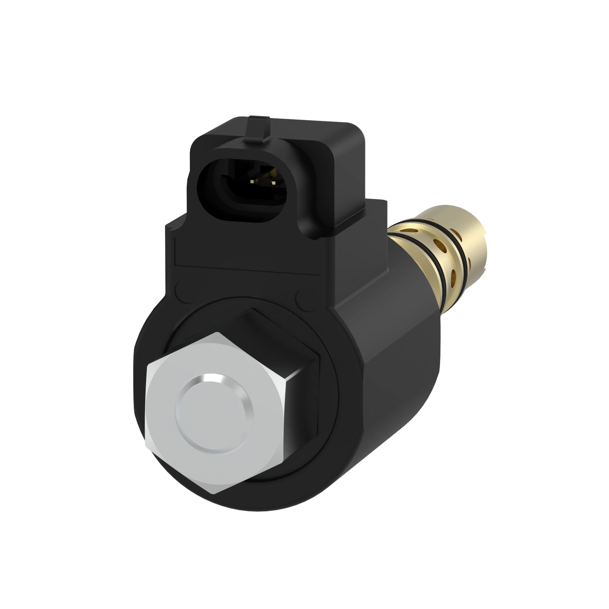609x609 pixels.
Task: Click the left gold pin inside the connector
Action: coord(252,181)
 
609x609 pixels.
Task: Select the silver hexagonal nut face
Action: coord(177,448)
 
